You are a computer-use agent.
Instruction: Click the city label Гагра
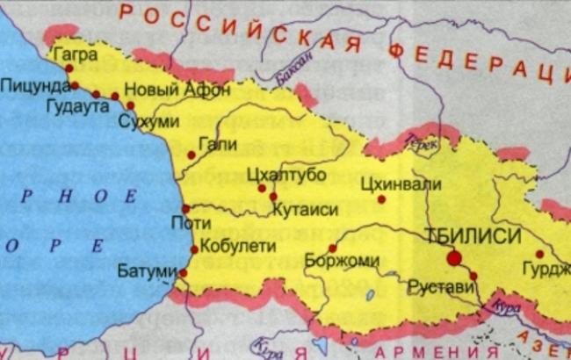75,54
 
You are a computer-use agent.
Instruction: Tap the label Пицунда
34,86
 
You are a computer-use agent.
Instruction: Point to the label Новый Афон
178,90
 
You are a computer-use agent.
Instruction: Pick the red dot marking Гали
192,155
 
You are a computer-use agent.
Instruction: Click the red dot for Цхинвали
381,199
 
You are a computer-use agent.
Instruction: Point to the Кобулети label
234,247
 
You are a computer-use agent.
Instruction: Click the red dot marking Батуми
183,273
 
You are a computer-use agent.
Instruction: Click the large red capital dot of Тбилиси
454,257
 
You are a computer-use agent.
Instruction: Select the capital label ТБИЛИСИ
471,235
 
